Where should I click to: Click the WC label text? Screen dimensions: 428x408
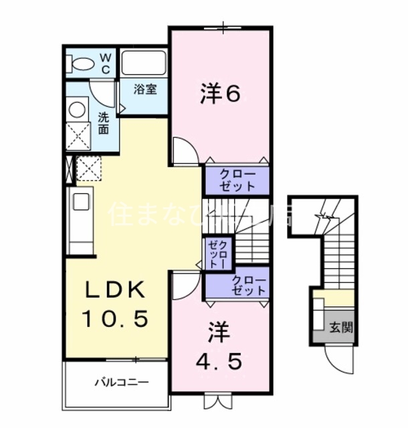click(x=106, y=64)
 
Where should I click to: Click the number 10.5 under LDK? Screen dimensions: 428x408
click(x=115, y=319)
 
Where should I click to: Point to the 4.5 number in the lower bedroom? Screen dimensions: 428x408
click(x=219, y=361)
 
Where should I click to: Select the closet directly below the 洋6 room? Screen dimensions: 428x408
click(x=237, y=180)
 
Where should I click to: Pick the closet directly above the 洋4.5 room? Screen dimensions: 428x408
click(x=239, y=286)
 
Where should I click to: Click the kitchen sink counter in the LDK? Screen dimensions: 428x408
click(x=80, y=220)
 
